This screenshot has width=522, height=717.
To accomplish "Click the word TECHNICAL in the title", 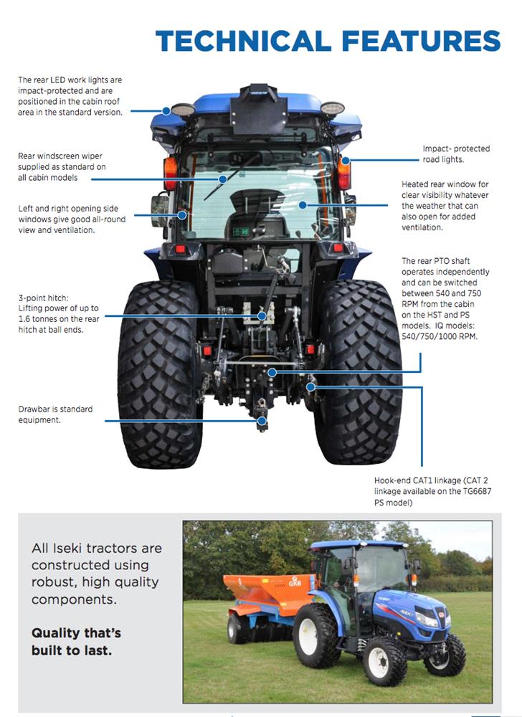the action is click(243, 41).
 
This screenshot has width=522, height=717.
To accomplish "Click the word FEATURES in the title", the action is click(421, 41).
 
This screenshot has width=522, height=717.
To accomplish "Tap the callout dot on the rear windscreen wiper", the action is click(222, 179).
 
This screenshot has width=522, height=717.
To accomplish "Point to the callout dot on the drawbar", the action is click(262, 421).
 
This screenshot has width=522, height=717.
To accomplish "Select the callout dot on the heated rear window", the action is click(303, 205).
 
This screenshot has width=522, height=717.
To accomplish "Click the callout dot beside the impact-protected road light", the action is click(346, 161).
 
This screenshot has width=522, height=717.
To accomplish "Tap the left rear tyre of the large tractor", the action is click(159, 374).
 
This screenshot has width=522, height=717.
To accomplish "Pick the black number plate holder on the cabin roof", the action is click(259, 110).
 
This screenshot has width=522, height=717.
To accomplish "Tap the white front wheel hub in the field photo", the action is click(379, 663).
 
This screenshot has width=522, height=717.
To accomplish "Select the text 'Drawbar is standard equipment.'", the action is click(55, 414).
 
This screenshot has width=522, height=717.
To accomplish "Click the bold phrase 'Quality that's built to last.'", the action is click(76, 642).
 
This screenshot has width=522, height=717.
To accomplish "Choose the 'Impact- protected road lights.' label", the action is click(456, 154).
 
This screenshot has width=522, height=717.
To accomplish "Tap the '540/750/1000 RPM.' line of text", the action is click(440, 336).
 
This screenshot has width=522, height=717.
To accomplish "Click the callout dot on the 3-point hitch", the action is click(262, 316).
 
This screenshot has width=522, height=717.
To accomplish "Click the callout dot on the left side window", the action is click(182, 215).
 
